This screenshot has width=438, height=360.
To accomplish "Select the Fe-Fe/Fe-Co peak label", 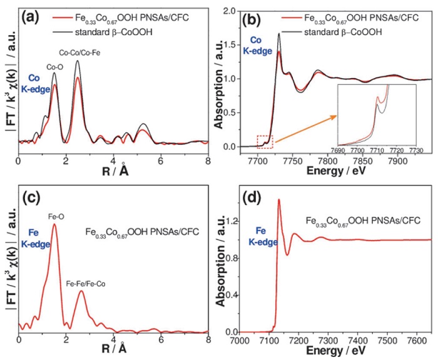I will (86, 283).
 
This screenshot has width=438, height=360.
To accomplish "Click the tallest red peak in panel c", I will (54, 225).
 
